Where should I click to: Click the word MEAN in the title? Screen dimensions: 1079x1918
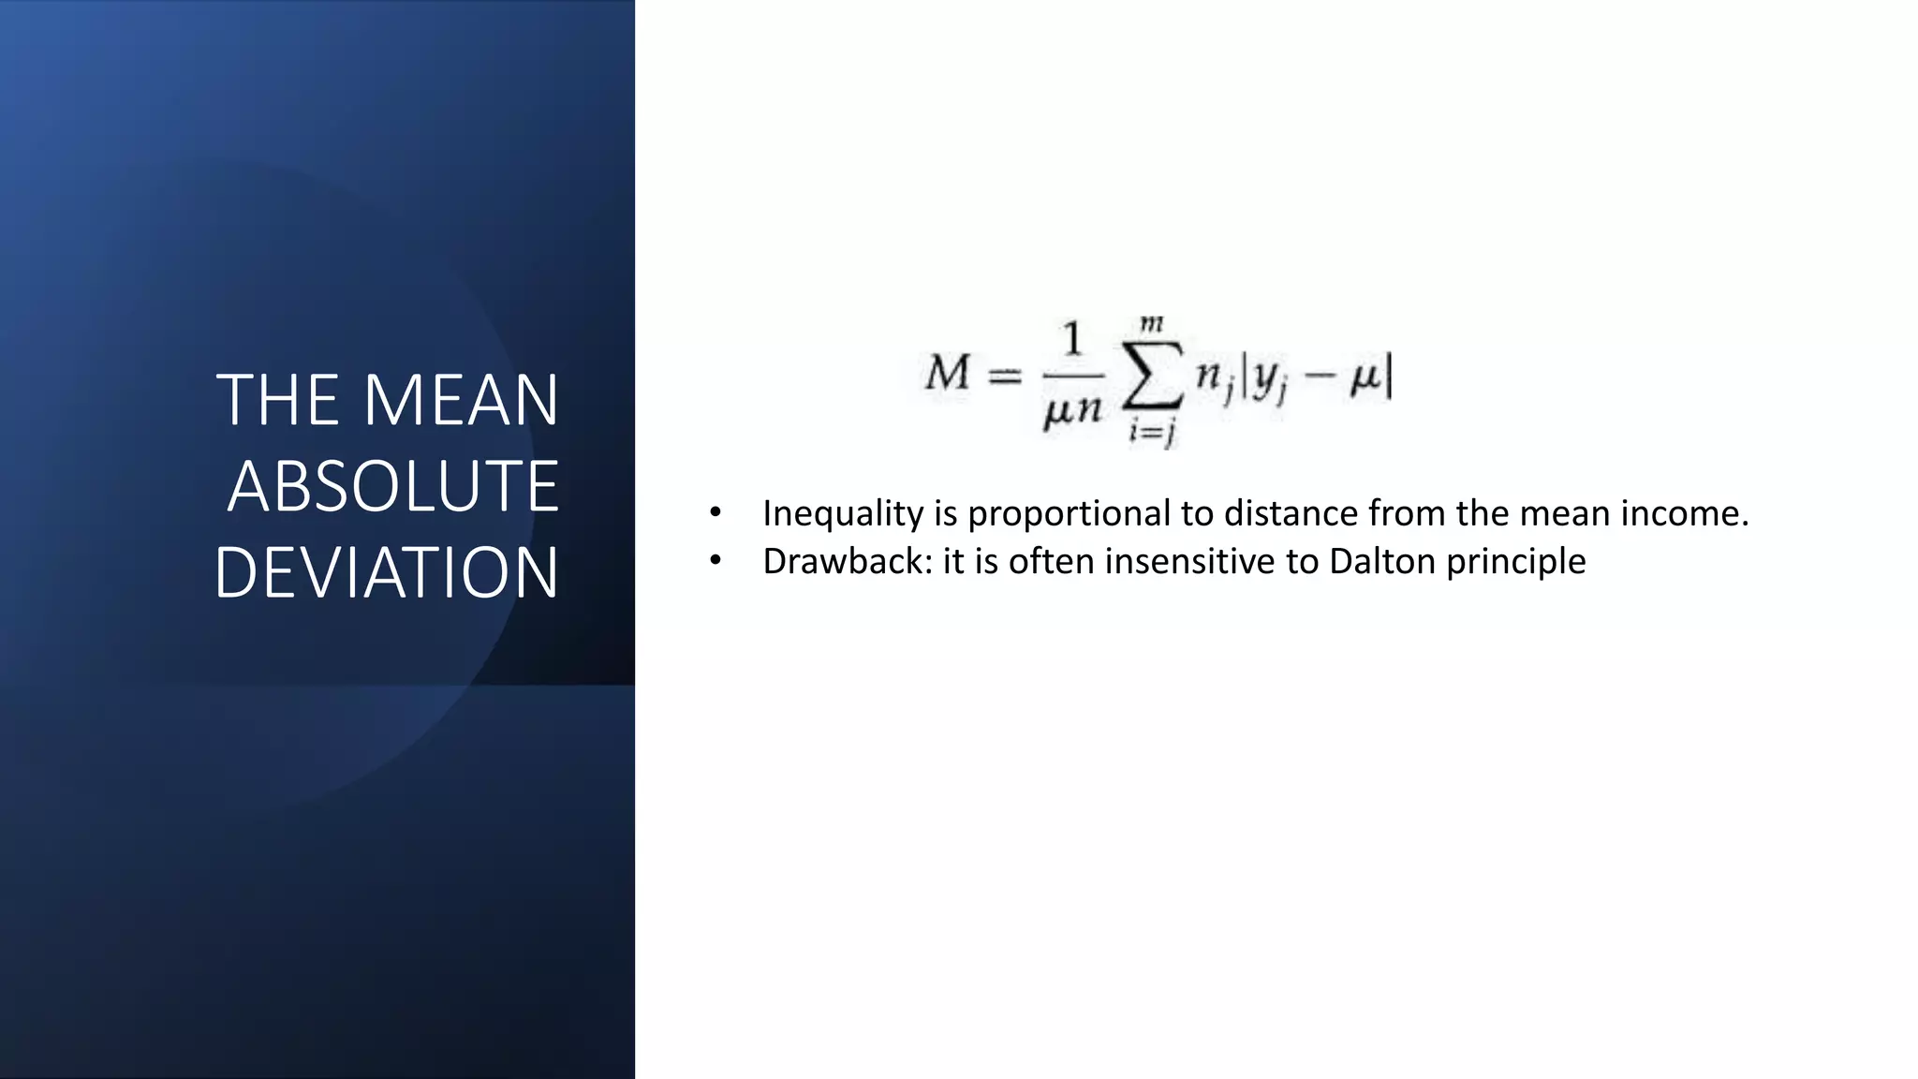(461, 401)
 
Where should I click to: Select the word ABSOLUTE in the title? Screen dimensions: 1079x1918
(392, 487)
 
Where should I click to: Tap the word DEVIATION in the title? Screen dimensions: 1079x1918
(386, 573)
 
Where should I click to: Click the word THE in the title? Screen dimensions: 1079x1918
(277, 401)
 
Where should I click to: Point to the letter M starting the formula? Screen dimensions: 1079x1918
(948, 373)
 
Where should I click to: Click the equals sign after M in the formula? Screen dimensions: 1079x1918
(1005, 377)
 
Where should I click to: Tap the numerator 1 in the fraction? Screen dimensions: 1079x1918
(1072, 339)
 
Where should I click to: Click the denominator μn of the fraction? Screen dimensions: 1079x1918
(1072, 410)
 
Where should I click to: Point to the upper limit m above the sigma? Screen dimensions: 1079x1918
(1152, 324)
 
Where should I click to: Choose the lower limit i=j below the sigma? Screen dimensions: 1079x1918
(1152, 432)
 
